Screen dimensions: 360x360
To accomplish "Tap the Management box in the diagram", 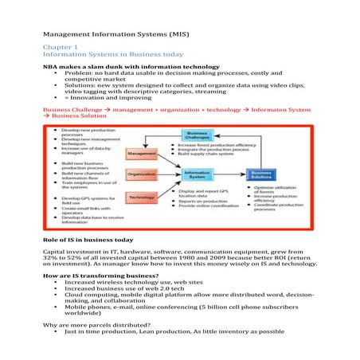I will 141,153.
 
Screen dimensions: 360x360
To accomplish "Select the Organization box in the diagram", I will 141,174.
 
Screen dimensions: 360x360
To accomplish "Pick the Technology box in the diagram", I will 141,197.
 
